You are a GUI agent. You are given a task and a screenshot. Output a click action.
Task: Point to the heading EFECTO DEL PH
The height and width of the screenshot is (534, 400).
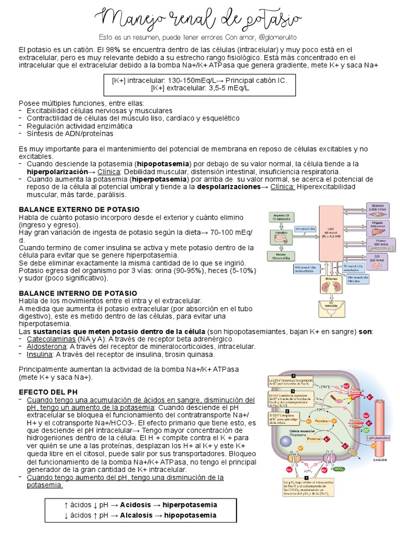click(48, 391)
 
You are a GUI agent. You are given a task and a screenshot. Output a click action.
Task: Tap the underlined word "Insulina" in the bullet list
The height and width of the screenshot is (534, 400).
click(41, 354)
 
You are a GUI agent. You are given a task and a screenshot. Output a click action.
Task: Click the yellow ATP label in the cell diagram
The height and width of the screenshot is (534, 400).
click(338, 400)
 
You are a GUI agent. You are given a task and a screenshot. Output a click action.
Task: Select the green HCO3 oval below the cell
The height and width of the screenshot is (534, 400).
click(340, 469)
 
